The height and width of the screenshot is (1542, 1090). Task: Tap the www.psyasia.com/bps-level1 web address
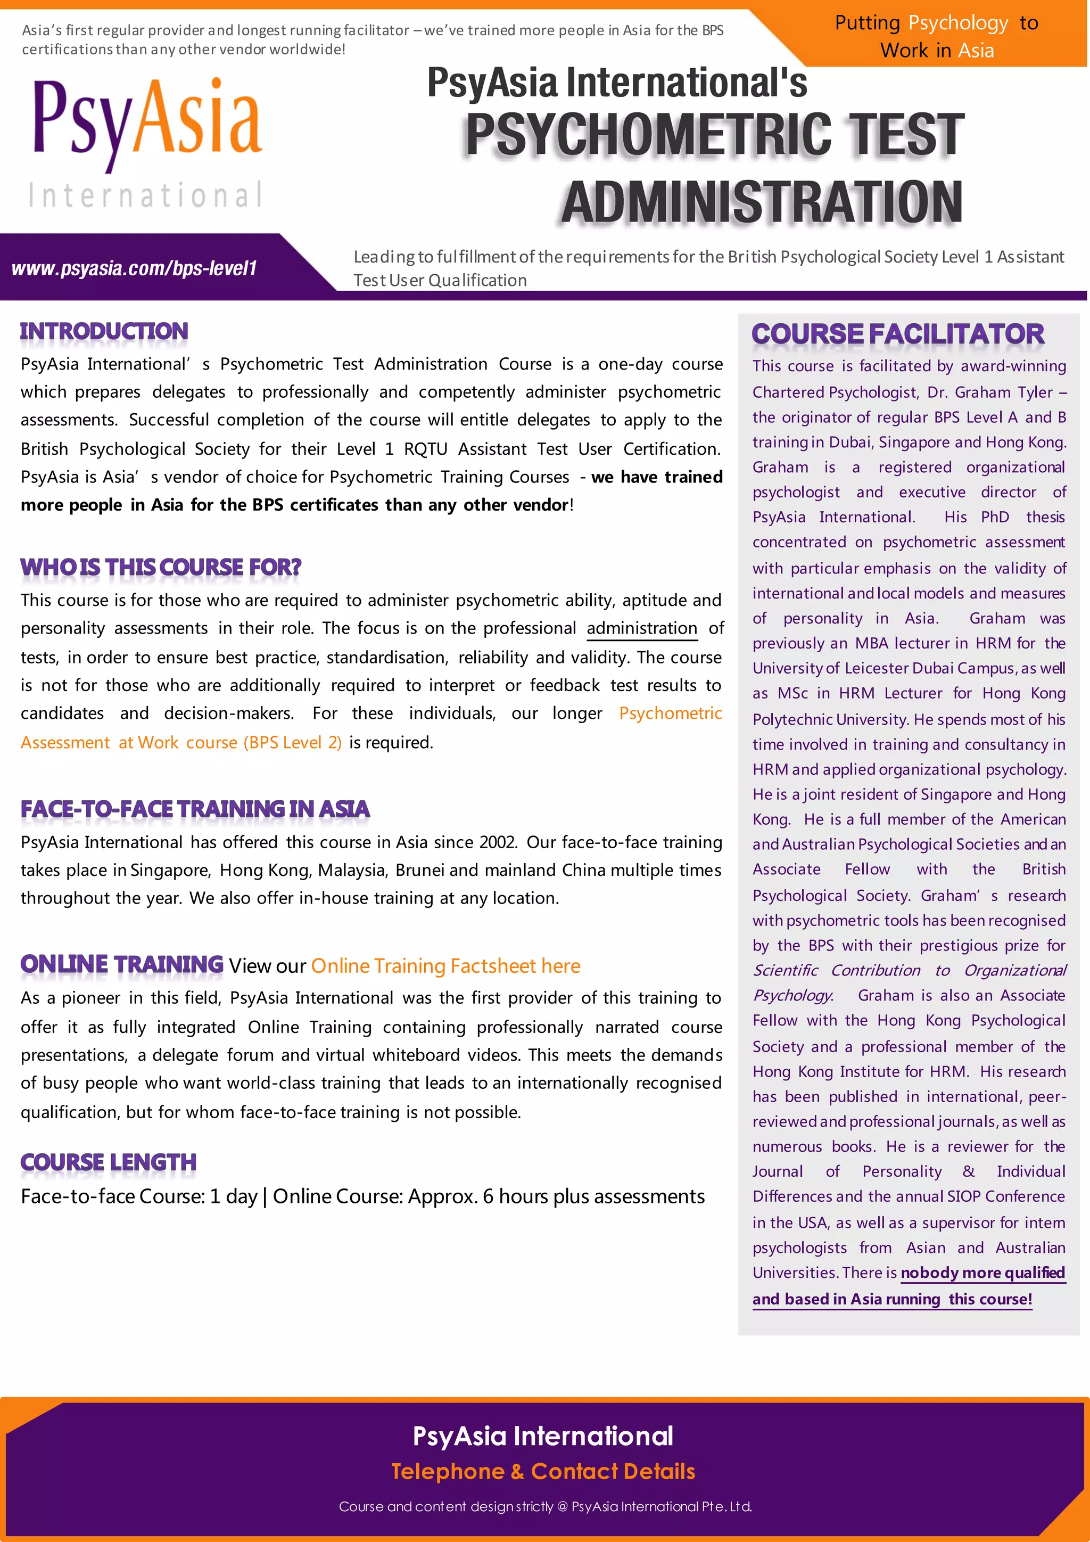coord(134,269)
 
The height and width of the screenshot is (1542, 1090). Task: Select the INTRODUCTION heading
coord(104,331)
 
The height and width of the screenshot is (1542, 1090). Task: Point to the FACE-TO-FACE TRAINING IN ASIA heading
coord(195,809)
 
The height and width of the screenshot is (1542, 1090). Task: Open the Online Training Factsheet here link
coord(445,966)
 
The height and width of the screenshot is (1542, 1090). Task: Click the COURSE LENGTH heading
coord(108,1162)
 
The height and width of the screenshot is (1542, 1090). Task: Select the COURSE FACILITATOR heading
coord(897,334)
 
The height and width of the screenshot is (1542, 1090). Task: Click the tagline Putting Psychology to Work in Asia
coord(936,37)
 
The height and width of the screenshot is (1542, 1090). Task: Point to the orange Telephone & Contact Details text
coord(543,1472)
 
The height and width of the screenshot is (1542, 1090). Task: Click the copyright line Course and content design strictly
coord(545,1506)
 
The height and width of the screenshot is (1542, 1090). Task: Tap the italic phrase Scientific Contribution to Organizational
coord(909,971)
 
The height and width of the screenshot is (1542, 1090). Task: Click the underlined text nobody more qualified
coord(982,1273)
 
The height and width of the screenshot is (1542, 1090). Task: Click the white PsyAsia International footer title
coord(543,1436)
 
